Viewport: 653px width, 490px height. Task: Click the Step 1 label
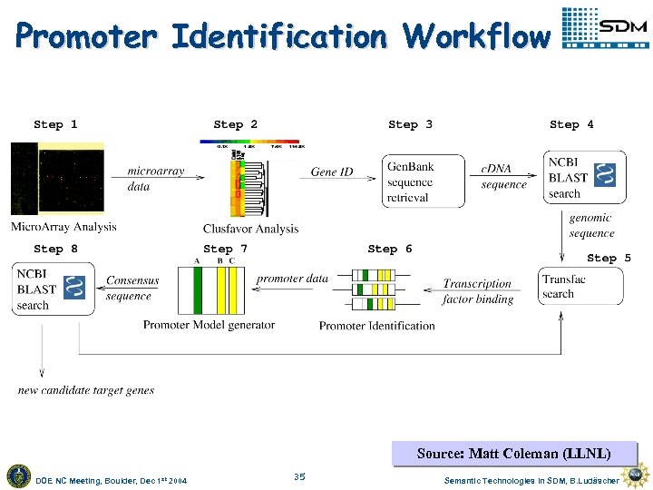[x=55, y=124]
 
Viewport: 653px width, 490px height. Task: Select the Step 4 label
[x=571, y=124]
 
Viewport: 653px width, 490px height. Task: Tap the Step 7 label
[x=225, y=249]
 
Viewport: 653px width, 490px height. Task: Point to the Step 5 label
[x=609, y=258]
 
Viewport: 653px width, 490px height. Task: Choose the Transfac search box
[x=580, y=286]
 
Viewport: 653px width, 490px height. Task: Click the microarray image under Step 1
[x=57, y=179]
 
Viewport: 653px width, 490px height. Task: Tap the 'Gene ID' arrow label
[x=332, y=171]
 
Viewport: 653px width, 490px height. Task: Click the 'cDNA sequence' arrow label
[x=503, y=177]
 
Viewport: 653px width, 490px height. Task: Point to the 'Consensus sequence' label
[x=132, y=289]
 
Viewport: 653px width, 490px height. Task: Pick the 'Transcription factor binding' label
[x=478, y=291]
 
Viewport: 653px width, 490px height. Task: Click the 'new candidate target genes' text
[x=86, y=390]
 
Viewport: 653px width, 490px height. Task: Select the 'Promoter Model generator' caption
[x=209, y=325]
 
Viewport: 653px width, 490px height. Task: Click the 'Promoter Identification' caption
[x=376, y=326]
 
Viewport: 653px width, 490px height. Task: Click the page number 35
[x=299, y=475]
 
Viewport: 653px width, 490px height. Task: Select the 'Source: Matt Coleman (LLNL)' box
[x=513, y=453]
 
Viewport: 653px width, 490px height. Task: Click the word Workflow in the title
[x=477, y=36]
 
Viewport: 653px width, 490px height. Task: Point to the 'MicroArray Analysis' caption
[x=63, y=227]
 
